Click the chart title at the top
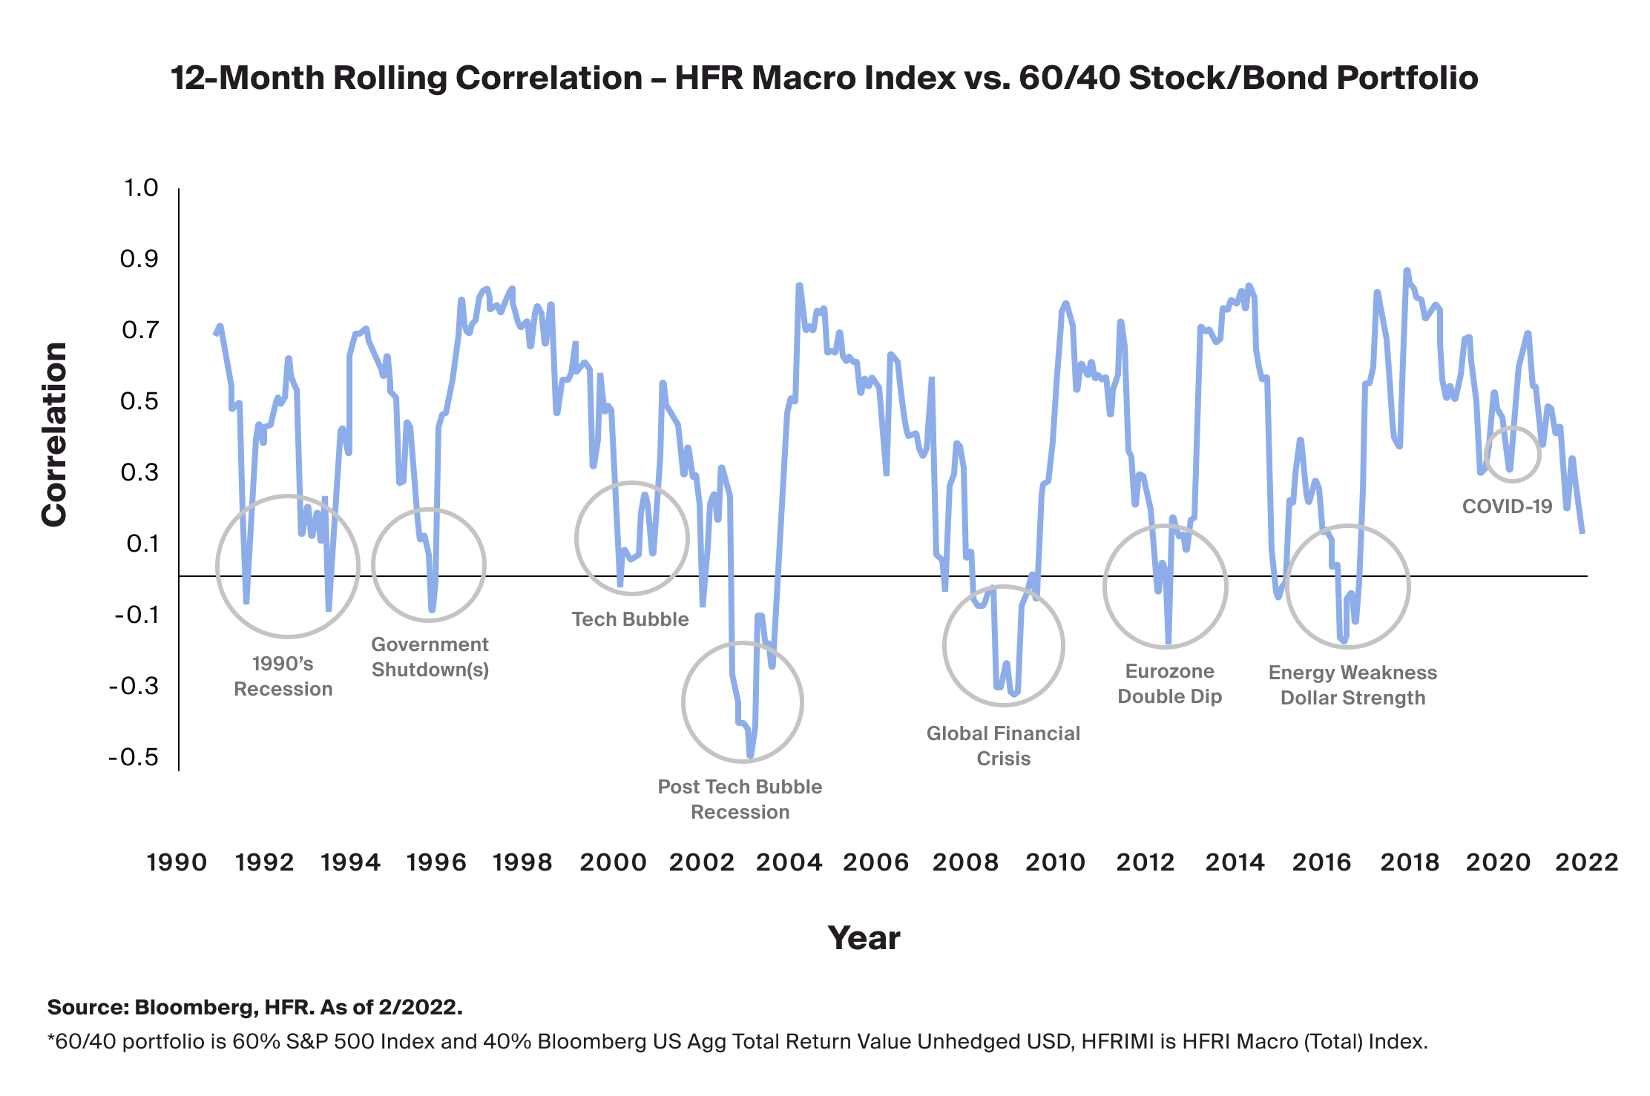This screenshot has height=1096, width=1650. click(824, 78)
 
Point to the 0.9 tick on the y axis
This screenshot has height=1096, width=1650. click(139, 259)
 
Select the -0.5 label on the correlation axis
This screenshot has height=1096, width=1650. click(134, 757)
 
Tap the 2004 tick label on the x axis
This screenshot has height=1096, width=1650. click(789, 862)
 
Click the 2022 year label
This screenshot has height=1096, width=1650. click(1586, 862)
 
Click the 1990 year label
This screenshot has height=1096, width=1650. click(177, 862)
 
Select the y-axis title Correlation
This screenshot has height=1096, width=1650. click(54, 435)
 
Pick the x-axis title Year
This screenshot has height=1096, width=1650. click(864, 938)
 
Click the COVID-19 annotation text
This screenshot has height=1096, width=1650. click(1507, 506)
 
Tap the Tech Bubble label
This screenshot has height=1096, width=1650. click(630, 619)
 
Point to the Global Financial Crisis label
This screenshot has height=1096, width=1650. click(1003, 746)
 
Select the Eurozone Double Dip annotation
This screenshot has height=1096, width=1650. click(1169, 684)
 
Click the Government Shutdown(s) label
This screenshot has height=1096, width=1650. click(430, 657)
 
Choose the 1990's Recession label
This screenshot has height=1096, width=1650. click(283, 676)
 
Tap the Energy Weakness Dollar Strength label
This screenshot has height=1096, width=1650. click(1352, 685)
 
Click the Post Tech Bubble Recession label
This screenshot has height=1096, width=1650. click(740, 799)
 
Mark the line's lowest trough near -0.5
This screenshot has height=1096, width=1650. click(750, 756)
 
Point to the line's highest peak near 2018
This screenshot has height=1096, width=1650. click(1407, 271)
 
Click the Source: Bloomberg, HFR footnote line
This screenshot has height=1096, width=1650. click(254, 1007)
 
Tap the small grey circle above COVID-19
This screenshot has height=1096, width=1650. click(1512, 454)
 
